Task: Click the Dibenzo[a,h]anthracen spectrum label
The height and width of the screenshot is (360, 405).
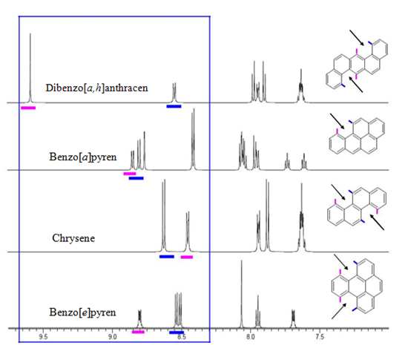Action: (97, 88)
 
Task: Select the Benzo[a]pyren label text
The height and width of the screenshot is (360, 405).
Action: (83, 157)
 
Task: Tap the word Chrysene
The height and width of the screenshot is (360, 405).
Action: (73, 238)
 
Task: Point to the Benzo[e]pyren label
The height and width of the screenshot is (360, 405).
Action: (82, 312)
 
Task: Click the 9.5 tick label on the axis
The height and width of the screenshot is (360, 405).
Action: (43, 337)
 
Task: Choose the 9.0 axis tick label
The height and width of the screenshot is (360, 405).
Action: (112, 337)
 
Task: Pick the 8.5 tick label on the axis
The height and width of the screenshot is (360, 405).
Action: (182, 337)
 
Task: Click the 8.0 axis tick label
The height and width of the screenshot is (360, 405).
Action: (250, 337)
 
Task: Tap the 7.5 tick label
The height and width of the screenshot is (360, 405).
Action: (320, 337)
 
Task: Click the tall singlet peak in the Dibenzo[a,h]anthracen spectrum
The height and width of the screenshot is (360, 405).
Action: (30, 68)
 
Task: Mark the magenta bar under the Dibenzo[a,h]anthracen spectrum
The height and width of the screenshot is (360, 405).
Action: (28, 108)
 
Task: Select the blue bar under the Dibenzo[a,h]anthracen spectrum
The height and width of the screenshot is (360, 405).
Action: (174, 106)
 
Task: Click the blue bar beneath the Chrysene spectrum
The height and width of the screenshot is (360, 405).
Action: (167, 257)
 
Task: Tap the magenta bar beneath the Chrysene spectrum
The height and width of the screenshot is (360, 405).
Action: (187, 257)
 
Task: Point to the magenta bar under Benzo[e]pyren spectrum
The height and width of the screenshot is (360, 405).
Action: (138, 332)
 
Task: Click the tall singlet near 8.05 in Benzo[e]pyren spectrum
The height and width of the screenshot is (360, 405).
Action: (242, 295)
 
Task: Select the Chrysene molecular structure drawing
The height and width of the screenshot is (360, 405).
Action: (357, 207)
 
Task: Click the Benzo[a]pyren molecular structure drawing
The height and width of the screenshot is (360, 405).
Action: (357, 136)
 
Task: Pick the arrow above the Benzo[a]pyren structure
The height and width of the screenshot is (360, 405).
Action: (337, 121)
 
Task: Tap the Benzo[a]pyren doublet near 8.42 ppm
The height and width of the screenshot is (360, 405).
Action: (193, 140)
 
